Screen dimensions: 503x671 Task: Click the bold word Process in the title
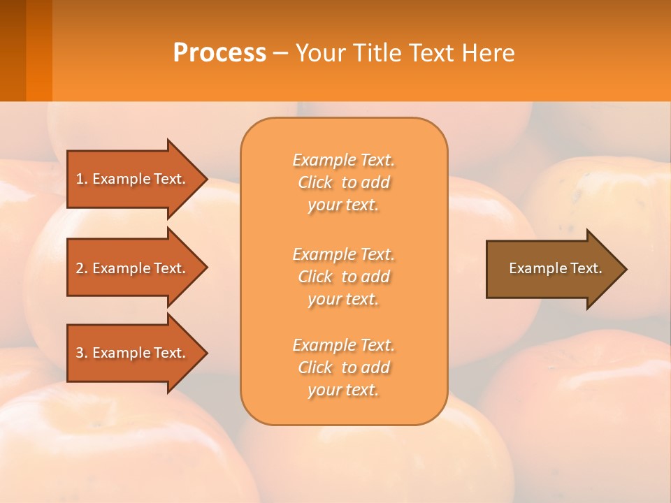[x=219, y=53]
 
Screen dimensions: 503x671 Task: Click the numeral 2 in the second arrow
[x=80, y=268]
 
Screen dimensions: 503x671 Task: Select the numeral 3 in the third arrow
[x=80, y=353]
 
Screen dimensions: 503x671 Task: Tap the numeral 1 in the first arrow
[x=80, y=179]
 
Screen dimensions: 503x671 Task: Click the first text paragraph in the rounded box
[x=343, y=182]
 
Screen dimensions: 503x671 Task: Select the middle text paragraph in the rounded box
[x=343, y=277]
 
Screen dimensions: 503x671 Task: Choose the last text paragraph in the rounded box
[x=343, y=367]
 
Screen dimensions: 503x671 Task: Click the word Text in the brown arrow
[x=587, y=268]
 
